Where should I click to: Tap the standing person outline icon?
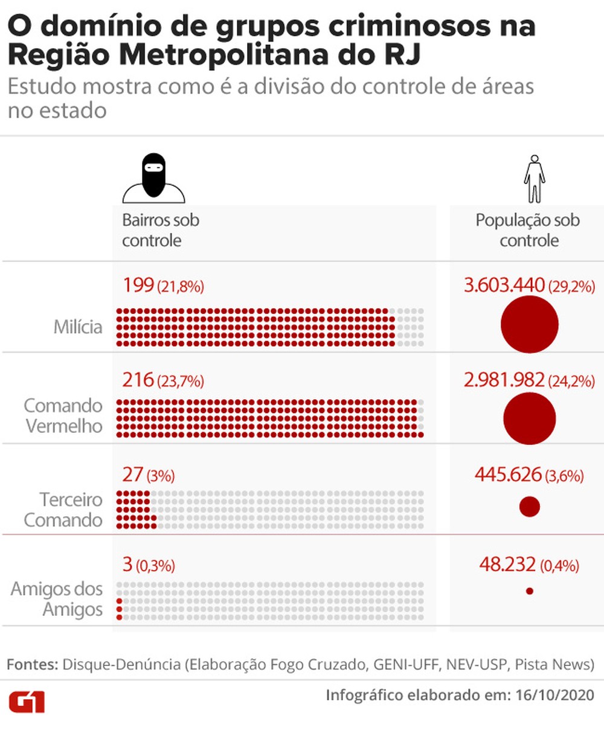tap(534, 179)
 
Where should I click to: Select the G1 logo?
tap(26, 702)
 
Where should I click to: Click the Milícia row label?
tap(78, 327)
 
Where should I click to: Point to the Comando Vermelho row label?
tap(63, 415)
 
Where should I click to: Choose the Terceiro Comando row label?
tap(63, 510)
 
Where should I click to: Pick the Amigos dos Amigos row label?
tap(57, 599)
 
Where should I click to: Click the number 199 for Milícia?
tap(138, 285)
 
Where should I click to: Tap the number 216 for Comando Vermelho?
tap(138, 380)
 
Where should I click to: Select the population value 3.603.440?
tap(504, 285)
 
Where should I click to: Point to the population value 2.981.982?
tap(504, 380)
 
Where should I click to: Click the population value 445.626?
tap(508, 475)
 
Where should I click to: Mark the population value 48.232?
tap(507, 564)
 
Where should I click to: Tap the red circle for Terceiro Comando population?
tap(529, 507)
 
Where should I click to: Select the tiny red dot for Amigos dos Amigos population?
tap(529, 591)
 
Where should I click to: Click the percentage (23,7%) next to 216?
tap(181, 382)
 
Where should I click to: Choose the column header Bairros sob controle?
tap(160, 230)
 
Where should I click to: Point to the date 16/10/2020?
tap(554, 694)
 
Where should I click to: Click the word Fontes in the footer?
tap(31, 664)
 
